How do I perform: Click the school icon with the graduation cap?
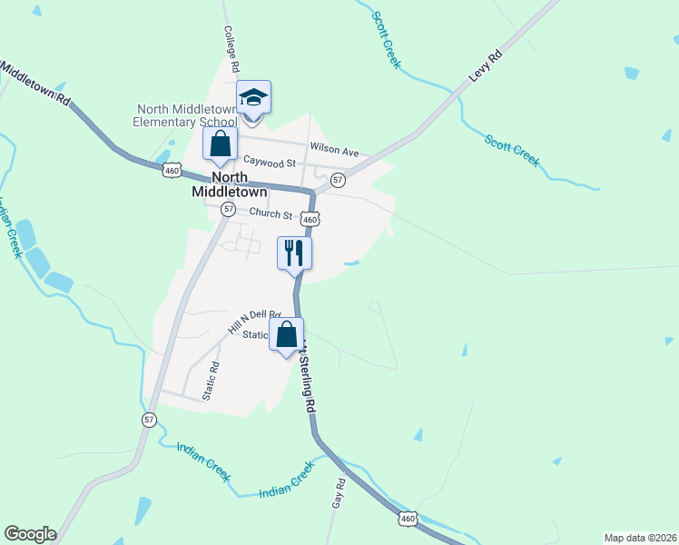pos(254,97)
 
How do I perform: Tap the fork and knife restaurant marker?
pos(294,252)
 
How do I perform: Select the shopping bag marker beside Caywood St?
pos(220,143)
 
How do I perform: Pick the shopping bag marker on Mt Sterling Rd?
pos(287,334)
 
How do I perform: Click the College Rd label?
pos(231,48)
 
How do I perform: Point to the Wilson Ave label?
pos(335,147)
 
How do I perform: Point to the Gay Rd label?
pos(339,493)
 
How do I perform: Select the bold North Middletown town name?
pos(230,184)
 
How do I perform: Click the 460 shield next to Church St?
pos(310,220)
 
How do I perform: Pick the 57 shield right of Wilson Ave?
pos(338,180)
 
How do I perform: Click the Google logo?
pos(30,534)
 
